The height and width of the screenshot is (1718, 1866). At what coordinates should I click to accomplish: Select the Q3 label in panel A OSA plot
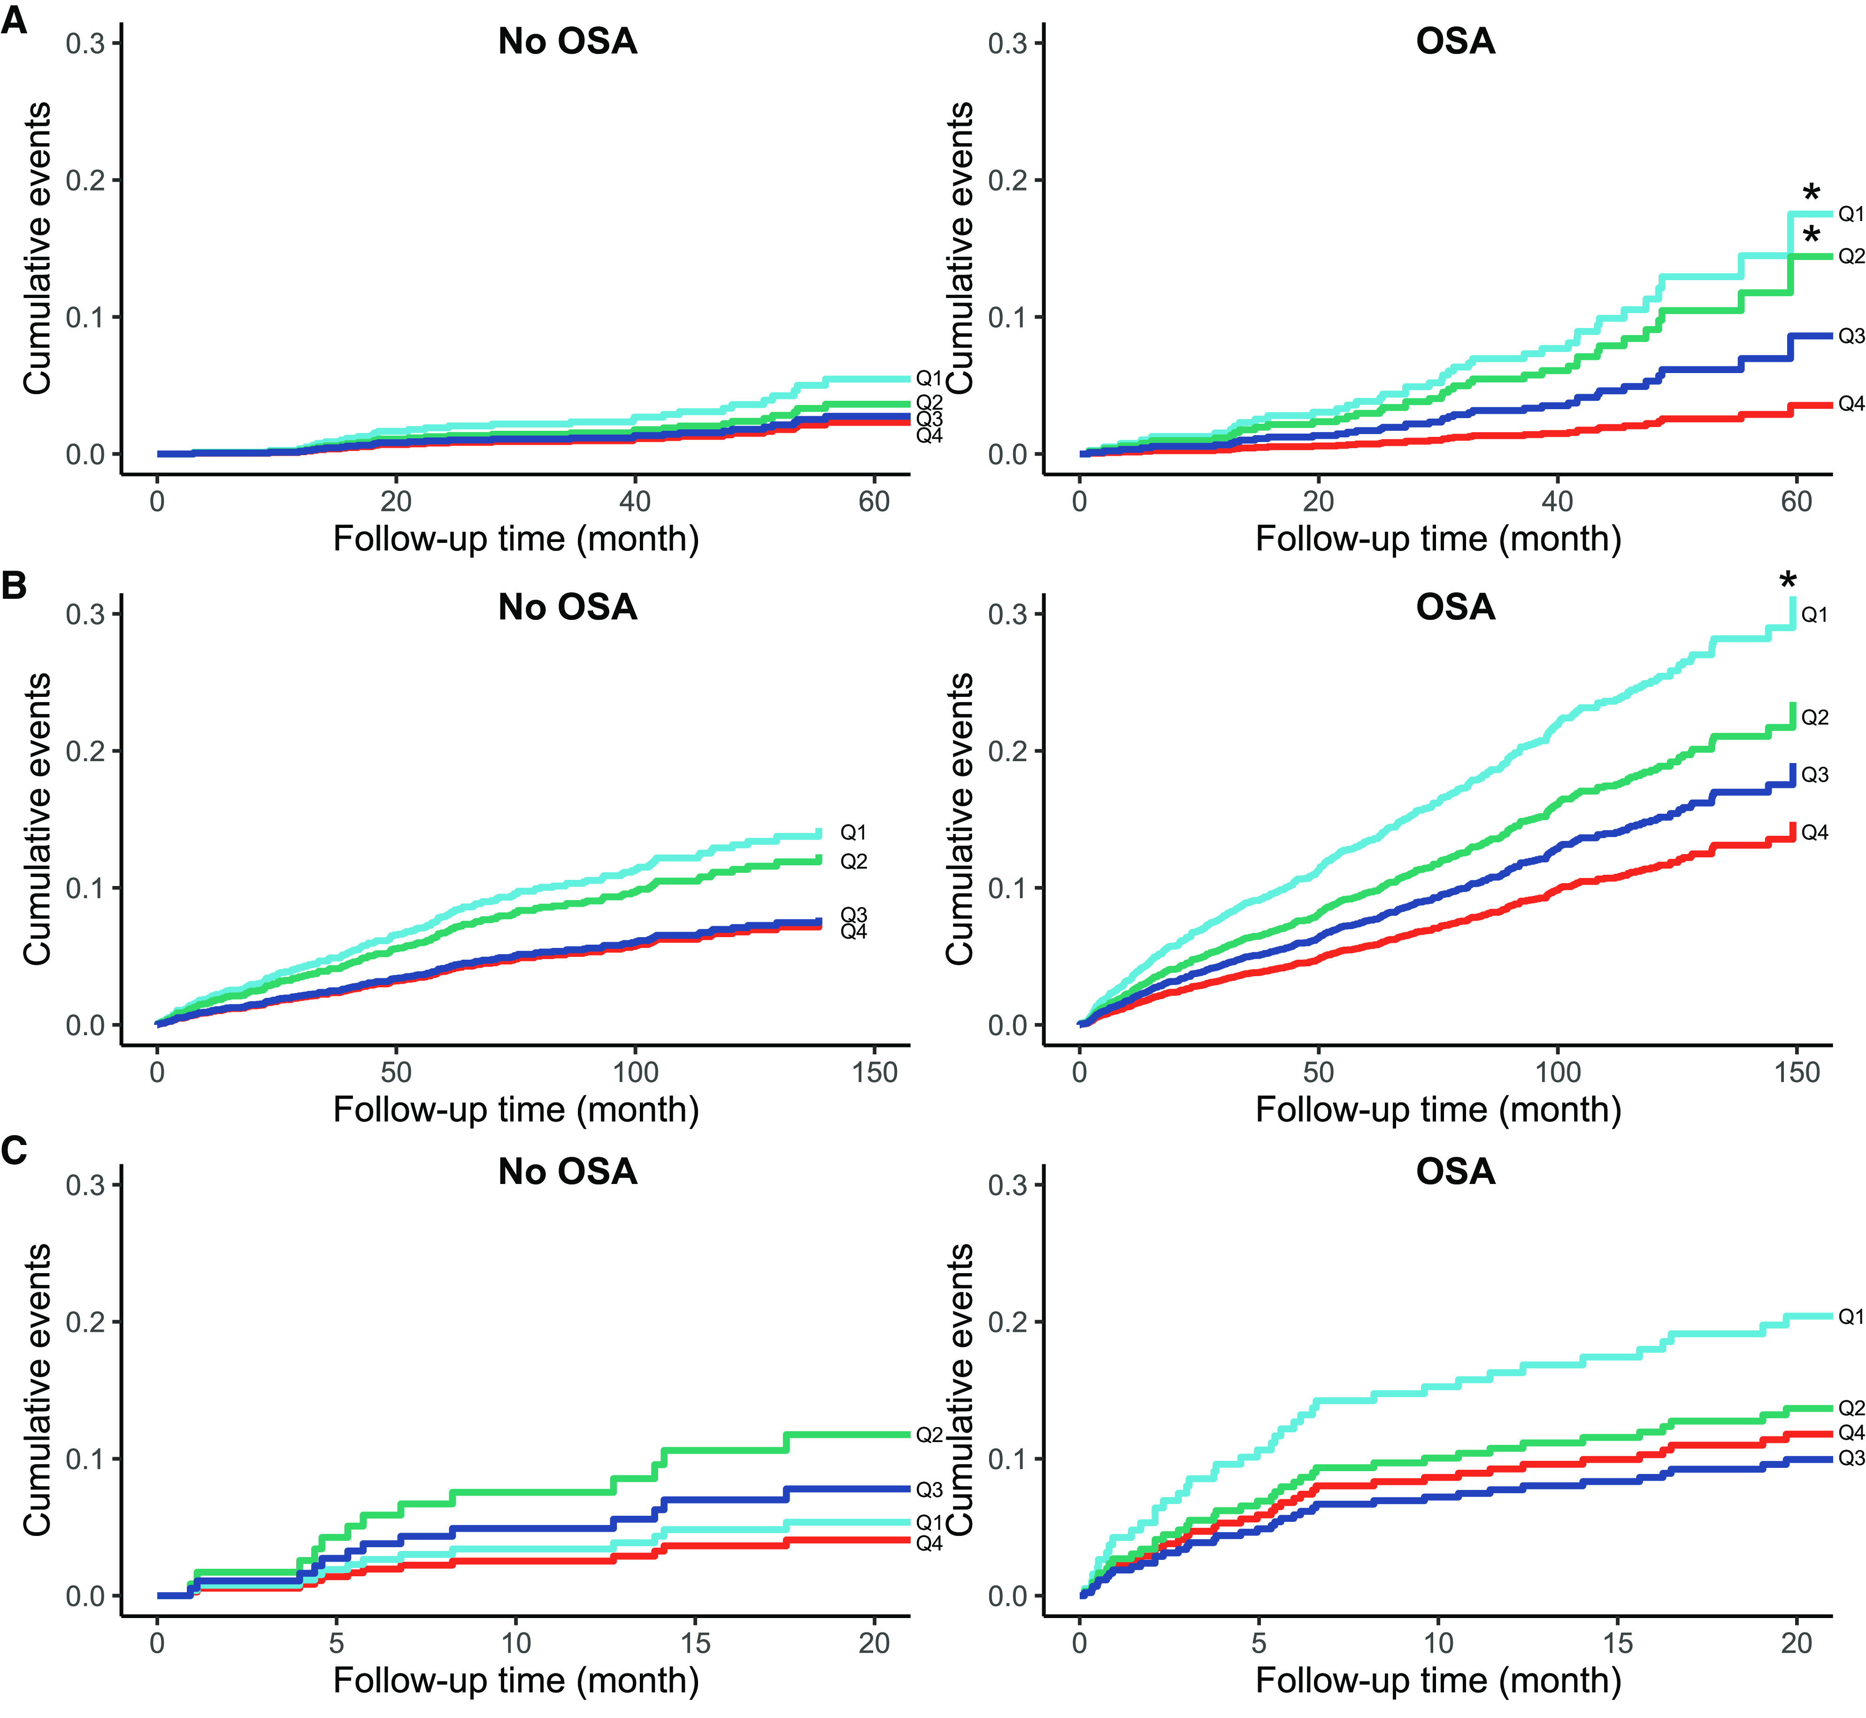click(1850, 336)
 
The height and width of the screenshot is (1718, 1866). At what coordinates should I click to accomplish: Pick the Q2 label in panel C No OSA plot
click(929, 1435)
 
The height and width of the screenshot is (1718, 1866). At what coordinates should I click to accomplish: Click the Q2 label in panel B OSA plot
click(1814, 718)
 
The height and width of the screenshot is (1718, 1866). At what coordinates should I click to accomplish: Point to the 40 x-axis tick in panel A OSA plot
click(1557, 502)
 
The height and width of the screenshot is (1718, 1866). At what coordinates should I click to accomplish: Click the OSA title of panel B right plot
click(1455, 607)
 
